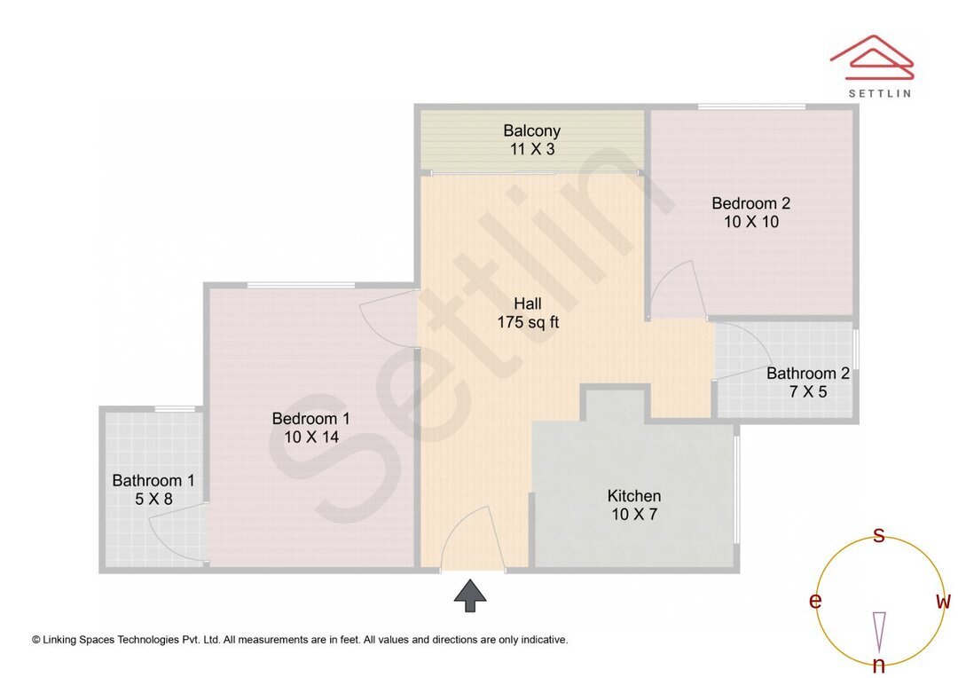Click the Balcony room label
pyautogui.click(x=531, y=130)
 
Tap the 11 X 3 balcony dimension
pyautogui.click(x=531, y=149)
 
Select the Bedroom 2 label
pyautogui.click(x=750, y=203)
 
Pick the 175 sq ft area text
pyautogui.click(x=528, y=322)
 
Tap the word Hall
pyautogui.click(x=528, y=304)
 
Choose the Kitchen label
pyautogui.click(x=633, y=495)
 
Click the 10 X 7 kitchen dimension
pyautogui.click(x=633, y=514)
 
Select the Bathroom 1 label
pyautogui.click(x=153, y=480)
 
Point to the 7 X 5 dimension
pyautogui.click(x=807, y=391)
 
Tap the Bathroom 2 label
pyautogui.click(x=807, y=373)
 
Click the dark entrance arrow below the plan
pyautogui.click(x=470, y=595)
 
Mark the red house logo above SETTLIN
pyautogui.click(x=871, y=54)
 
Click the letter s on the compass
pyautogui.click(x=878, y=535)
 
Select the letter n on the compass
pyautogui.click(x=878, y=665)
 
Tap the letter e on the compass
pyautogui.click(x=814, y=601)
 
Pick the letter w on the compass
pyautogui.click(x=943, y=601)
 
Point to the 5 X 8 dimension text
pyautogui.click(x=153, y=499)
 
